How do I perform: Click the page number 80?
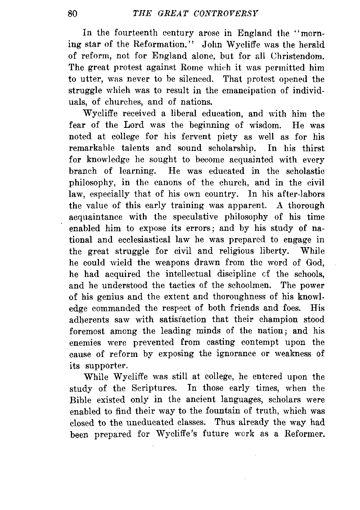point(72,14)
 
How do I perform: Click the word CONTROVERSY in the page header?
point(226,14)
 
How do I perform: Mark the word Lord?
point(134,125)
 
